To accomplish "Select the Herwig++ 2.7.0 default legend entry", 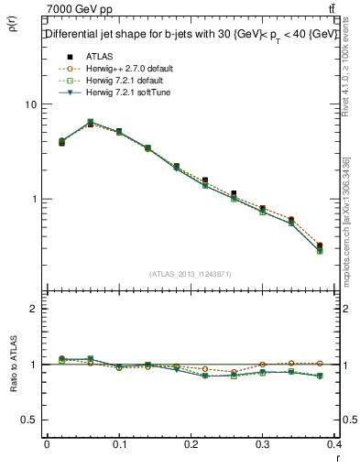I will (123, 69).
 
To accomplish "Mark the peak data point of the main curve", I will (90, 122).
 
